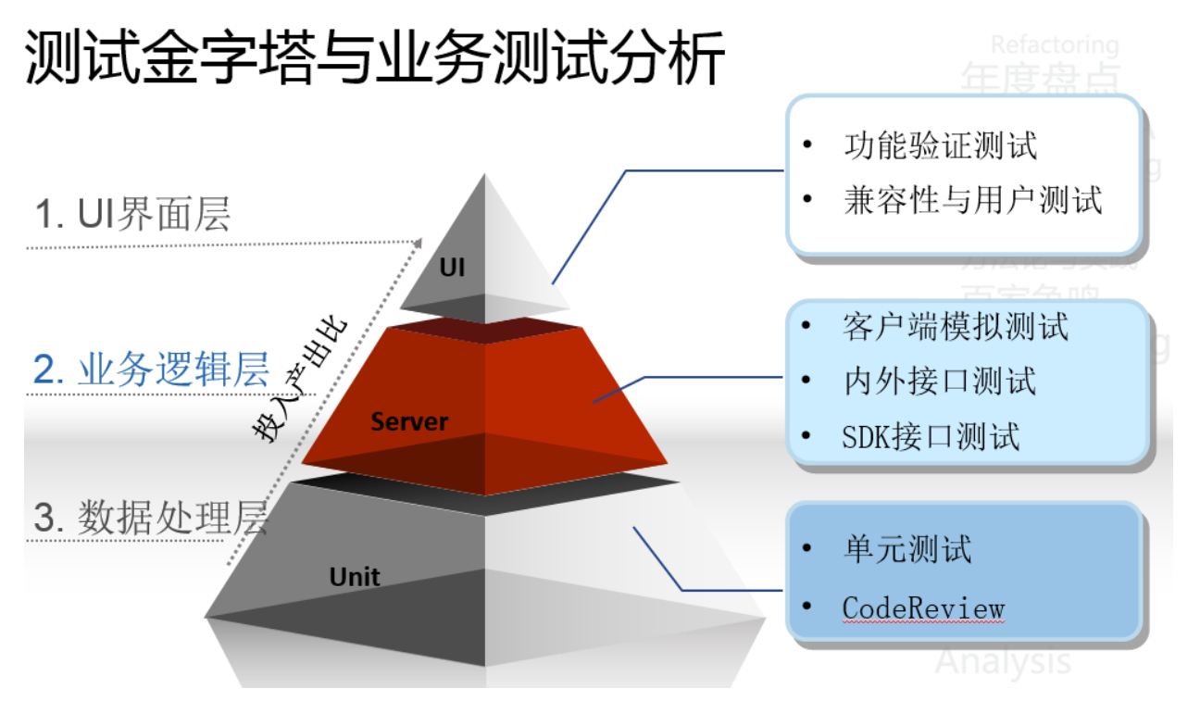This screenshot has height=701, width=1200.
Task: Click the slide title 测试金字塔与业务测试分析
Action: (374, 57)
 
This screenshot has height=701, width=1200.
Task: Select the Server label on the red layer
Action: (409, 422)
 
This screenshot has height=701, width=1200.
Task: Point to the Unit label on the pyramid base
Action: (355, 577)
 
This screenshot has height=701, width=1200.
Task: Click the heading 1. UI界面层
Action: (132, 216)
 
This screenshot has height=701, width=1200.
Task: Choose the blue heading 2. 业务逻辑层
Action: (151, 369)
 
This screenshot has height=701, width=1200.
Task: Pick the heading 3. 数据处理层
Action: (150, 518)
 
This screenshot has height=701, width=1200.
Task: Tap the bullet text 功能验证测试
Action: (940, 145)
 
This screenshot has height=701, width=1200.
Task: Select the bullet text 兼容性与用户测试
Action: (972, 199)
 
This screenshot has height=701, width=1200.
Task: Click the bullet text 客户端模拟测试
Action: (956, 326)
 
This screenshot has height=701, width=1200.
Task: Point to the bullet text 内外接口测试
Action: (939, 381)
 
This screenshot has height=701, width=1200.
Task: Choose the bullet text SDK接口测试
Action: (931, 435)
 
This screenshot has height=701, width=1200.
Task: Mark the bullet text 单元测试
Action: (906, 548)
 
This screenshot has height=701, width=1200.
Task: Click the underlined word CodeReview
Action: (923, 608)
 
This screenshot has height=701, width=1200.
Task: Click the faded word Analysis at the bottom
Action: (1002, 661)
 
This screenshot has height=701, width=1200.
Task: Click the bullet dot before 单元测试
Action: (808, 549)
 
